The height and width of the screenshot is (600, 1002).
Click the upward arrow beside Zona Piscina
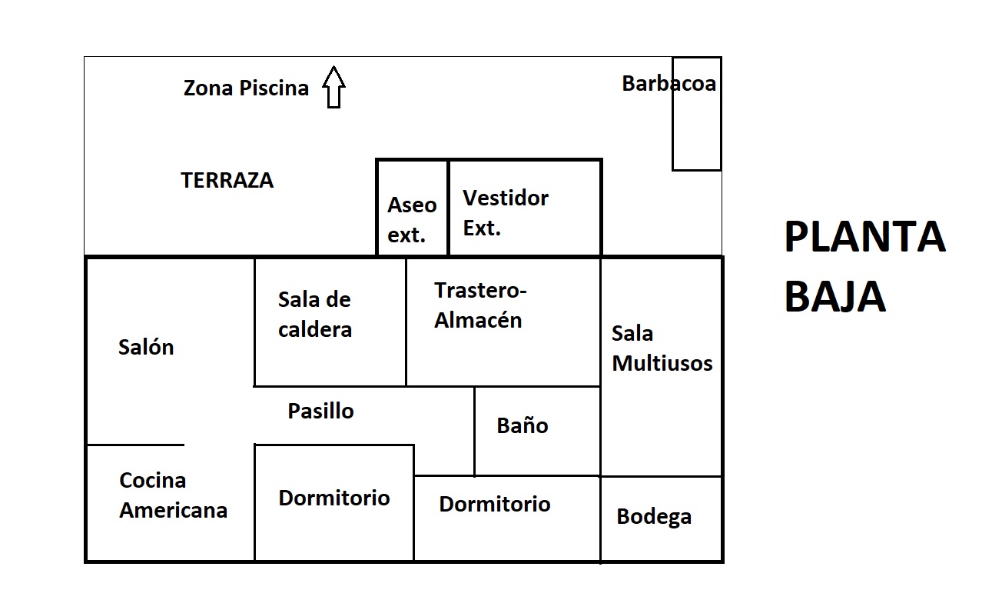click(x=333, y=87)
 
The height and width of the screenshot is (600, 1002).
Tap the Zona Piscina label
click(x=246, y=88)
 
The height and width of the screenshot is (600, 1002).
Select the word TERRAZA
click(x=227, y=181)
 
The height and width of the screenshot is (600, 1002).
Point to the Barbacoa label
click(x=669, y=84)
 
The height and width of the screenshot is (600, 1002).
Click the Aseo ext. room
click(x=412, y=208)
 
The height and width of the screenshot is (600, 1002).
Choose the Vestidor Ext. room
click(x=525, y=208)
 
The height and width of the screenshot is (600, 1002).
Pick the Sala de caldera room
click(x=330, y=322)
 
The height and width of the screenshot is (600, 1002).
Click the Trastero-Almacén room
click(x=503, y=322)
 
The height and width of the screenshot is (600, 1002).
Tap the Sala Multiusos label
click(x=662, y=348)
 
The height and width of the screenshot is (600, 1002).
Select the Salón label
click(x=146, y=347)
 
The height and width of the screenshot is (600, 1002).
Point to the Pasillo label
click(x=320, y=411)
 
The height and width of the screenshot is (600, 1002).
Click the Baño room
click(x=537, y=432)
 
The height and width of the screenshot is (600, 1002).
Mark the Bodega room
click(x=661, y=518)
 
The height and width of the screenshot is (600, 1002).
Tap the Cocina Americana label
click(x=173, y=495)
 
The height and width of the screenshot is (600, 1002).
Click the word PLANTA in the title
click(x=865, y=236)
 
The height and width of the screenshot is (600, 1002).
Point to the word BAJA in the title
click(x=835, y=296)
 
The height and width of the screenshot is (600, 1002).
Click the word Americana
click(x=173, y=511)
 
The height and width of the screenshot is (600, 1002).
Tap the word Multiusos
click(x=662, y=363)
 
